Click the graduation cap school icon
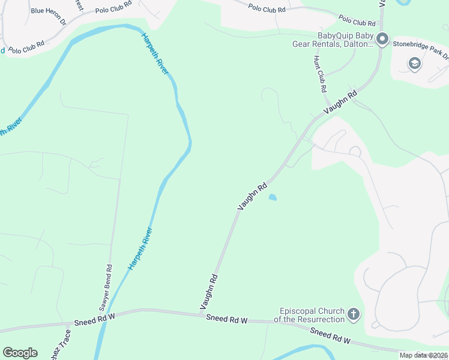point(414,63)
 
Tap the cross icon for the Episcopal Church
point(354,314)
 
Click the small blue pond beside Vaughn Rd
point(273,197)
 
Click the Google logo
point(20,353)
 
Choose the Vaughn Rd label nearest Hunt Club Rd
point(340,103)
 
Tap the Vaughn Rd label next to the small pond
point(253,197)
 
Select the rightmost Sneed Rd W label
point(331,337)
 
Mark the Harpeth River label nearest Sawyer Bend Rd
point(140,248)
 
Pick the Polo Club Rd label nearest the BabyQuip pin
point(357,21)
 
